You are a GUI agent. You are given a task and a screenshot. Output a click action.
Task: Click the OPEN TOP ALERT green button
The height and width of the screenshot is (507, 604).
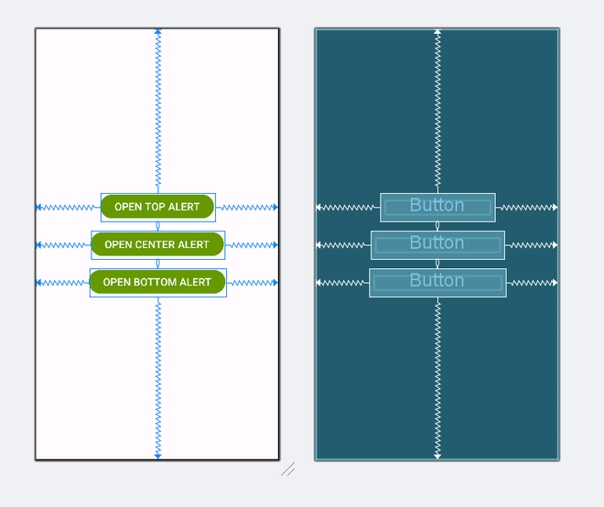157,207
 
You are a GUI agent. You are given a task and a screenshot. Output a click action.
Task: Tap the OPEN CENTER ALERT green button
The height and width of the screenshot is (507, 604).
157,244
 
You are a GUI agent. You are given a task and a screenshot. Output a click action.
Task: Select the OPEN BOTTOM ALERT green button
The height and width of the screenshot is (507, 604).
157,282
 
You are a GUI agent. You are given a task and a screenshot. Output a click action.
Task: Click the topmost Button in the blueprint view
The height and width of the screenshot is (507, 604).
437,207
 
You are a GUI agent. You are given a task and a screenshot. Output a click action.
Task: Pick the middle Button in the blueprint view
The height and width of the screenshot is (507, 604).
437,244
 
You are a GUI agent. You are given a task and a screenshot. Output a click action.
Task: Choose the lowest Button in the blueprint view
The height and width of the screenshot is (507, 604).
437,282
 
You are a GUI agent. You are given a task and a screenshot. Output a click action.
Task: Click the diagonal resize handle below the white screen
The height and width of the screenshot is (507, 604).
287,469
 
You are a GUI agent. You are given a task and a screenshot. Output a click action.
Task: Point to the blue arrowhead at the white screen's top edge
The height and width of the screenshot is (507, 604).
158,32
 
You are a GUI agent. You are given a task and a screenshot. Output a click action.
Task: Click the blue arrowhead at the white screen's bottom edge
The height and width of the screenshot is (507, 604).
158,455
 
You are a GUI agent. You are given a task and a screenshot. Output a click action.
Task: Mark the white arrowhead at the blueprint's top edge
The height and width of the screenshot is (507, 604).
437,32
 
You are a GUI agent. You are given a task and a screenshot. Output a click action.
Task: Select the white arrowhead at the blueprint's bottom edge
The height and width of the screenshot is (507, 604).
437,455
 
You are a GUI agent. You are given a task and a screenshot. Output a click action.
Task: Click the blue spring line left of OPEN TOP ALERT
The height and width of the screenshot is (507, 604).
69,208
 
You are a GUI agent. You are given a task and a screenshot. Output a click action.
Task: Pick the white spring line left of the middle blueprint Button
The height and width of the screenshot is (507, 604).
343,245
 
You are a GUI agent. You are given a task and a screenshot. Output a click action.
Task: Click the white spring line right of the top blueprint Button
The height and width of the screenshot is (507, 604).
526,208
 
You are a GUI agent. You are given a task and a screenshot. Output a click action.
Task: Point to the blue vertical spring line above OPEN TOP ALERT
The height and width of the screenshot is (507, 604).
158,110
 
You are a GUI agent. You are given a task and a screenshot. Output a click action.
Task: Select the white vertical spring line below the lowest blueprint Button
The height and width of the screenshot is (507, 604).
437,375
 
